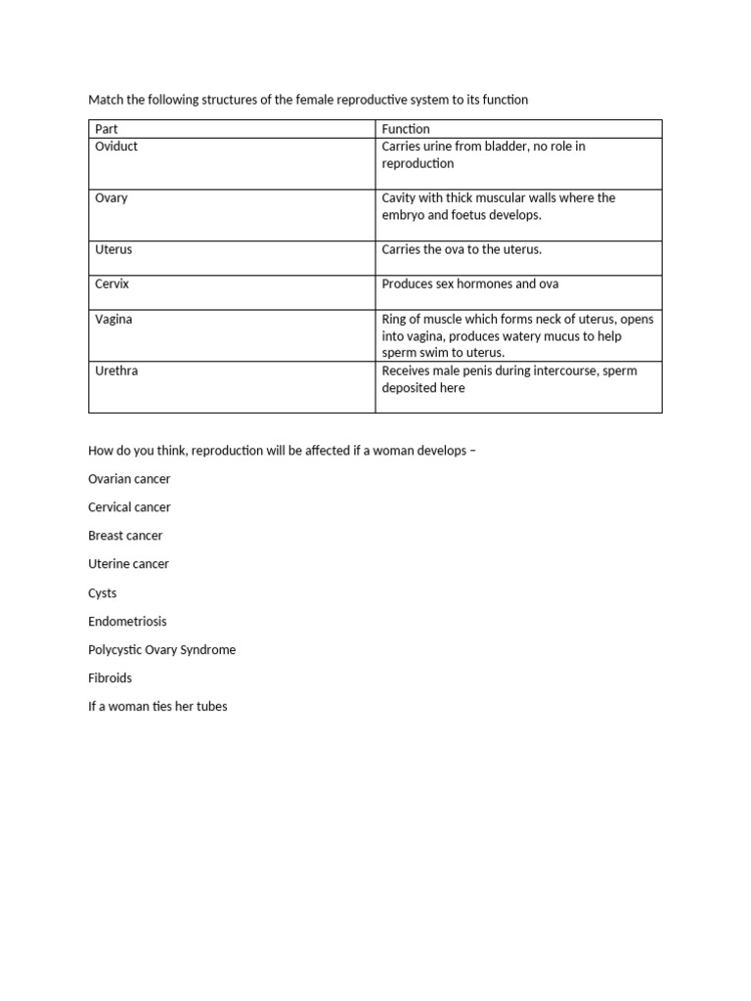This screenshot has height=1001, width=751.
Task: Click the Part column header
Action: coord(105,129)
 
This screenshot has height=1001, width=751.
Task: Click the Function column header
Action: coord(406,129)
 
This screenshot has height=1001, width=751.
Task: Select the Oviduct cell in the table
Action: coord(116,147)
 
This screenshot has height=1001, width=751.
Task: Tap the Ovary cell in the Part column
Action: coord(110,198)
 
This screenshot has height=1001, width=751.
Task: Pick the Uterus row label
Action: coord(113,250)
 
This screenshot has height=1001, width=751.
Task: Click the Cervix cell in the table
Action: coord(111,284)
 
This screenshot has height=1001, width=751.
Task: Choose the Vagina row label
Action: coord(113,320)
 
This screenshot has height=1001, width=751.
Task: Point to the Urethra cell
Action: coord(116,371)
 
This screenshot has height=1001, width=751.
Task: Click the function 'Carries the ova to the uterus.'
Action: coord(462,250)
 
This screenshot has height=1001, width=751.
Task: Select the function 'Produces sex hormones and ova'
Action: coord(470,284)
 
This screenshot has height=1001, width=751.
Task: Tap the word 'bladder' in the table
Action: coord(524,147)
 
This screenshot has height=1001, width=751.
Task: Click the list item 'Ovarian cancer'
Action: coord(129,479)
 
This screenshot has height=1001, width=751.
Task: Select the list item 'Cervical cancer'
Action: coord(129,507)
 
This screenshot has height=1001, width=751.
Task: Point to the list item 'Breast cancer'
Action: coord(125,536)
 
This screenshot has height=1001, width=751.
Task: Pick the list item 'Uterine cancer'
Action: coord(128,564)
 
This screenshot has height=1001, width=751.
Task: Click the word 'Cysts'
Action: coord(103,593)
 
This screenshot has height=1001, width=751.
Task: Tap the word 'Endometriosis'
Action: coord(127,622)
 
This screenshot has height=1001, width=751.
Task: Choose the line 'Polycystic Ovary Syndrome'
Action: coord(161,650)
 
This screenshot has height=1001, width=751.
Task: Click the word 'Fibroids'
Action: coord(110,678)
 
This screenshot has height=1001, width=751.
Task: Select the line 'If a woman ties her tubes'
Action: coord(157,707)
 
